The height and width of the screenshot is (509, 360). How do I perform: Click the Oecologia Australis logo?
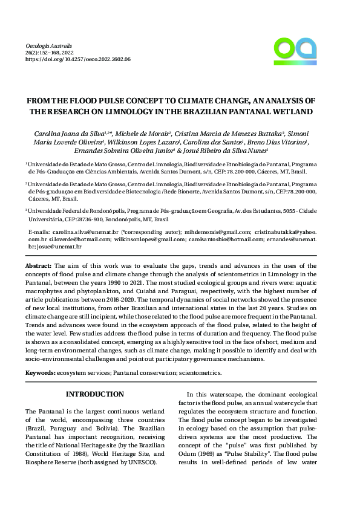click(295, 51)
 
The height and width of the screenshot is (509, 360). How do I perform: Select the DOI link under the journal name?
click(79, 60)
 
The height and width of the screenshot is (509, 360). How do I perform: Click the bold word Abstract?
click(38, 265)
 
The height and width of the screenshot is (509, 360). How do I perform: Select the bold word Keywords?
click(40, 373)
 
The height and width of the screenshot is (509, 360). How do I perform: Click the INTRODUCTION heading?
click(94, 394)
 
